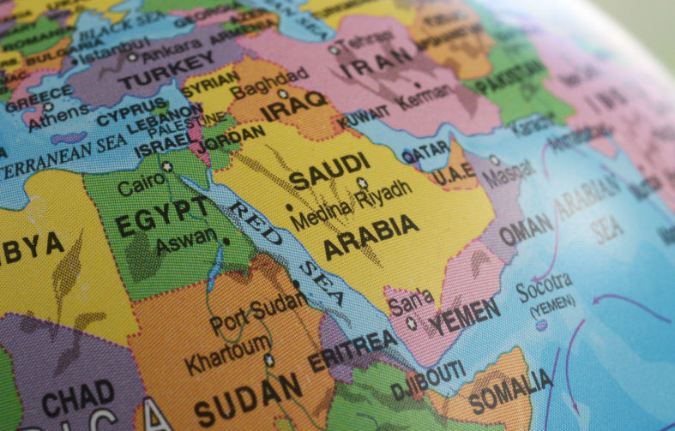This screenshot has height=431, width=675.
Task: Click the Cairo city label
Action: pyautogui.click(x=136, y=186)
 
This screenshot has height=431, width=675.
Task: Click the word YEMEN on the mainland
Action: pyautogui.click(x=464, y=318)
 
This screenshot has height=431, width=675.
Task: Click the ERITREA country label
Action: pyautogui.click(x=353, y=350)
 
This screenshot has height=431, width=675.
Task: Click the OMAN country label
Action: pyautogui.click(x=526, y=230)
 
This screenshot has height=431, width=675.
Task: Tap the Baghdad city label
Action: pyautogui.click(x=256, y=87)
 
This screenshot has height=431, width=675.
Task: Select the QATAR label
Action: pyautogui.click(x=425, y=153)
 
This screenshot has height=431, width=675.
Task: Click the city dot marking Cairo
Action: pyautogui.click(x=167, y=168)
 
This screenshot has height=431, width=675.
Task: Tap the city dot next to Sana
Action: pyautogui.click(x=411, y=324)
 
